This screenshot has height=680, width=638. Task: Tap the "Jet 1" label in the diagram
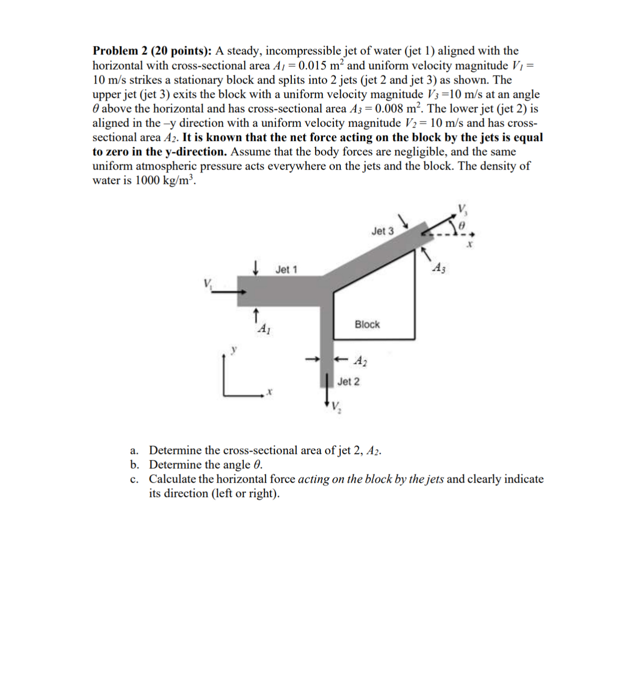point(286,270)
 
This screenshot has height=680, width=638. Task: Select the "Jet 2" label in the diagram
point(349,381)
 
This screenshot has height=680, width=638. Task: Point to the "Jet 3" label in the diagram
point(382,231)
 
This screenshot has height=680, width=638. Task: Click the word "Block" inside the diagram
point(367,324)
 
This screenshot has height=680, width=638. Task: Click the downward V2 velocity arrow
point(327,393)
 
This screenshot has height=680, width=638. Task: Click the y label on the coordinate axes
point(235,349)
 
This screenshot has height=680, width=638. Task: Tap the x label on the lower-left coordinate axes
point(269,392)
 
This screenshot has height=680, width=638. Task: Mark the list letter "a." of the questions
point(134,451)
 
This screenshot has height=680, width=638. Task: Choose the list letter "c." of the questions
point(134,479)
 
